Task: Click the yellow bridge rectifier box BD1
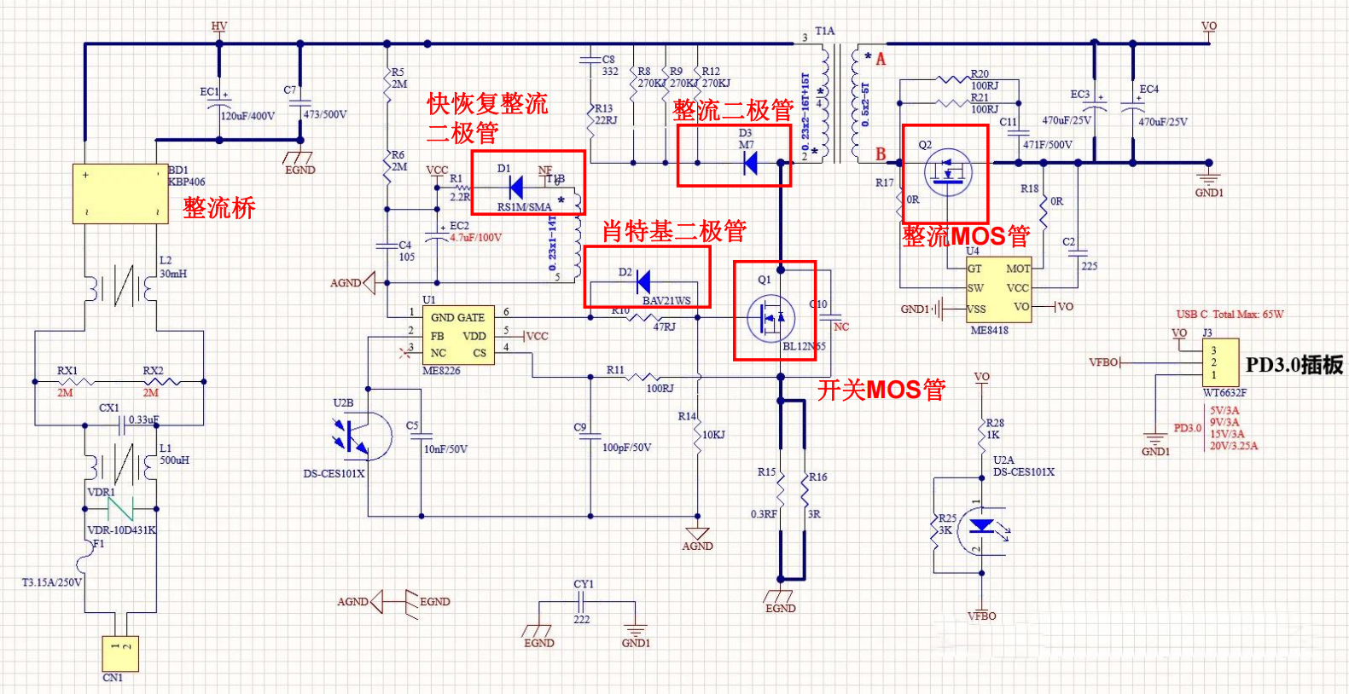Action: click(120, 194)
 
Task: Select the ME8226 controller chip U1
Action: click(458, 335)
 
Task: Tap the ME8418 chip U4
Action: click(998, 289)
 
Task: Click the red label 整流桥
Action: click(219, 208)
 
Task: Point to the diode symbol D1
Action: click(515, 186)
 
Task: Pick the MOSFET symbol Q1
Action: click(770, 317)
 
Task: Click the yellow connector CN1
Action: click(119, 654)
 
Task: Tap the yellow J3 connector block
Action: click(1220, 362)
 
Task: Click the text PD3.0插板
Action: click(1294, 365)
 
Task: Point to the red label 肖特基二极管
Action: click(674, 230)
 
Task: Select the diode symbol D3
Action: click(750, 163)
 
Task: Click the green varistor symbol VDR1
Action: click(120, 509)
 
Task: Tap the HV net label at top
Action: click(219, 26)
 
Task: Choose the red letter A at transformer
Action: click(881, 59)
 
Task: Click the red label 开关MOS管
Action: click(881, 390)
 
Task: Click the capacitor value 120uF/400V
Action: click(247, 116)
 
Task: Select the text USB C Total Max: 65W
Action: click(1230, 315)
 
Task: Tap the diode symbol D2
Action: click(643, 281)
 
